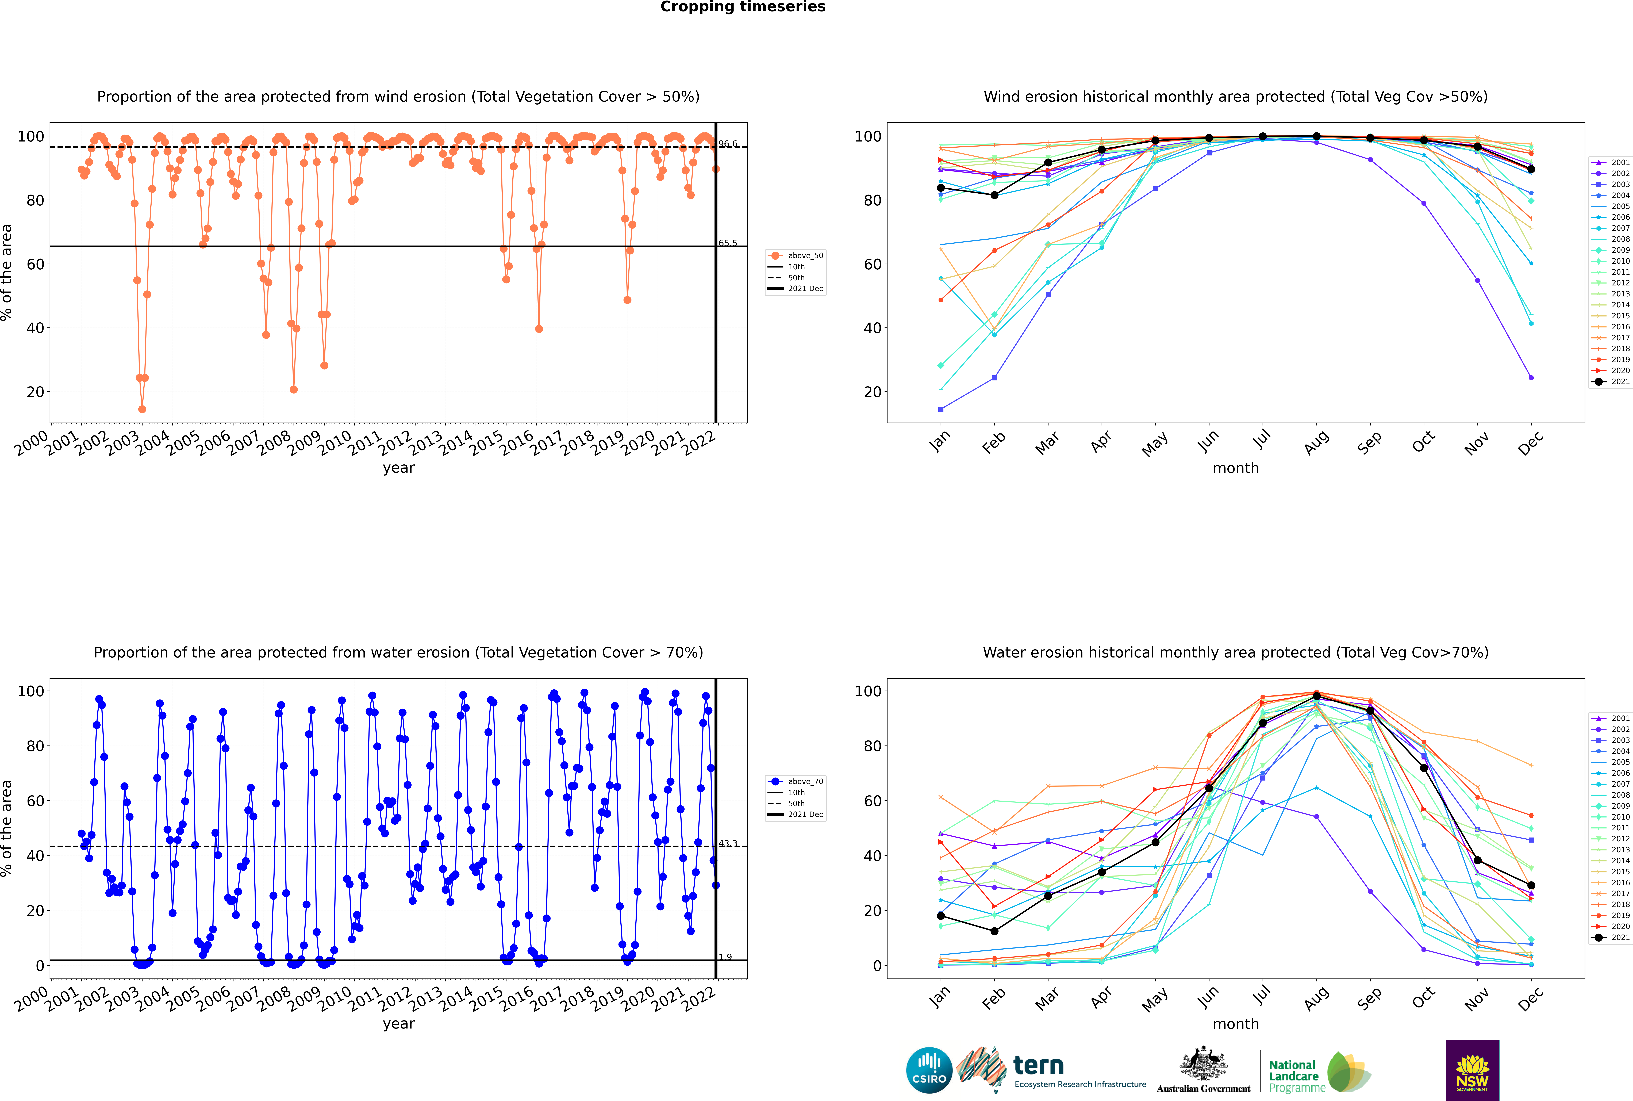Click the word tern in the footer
point(1038,1065)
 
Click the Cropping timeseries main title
point(743,7)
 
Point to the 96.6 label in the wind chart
point(728,144)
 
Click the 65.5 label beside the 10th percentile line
point(728,243)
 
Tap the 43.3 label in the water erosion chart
point(728,843)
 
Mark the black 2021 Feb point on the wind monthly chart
point(994,195)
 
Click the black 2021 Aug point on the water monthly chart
point(1316,696)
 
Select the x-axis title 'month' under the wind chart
point(1236,468)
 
